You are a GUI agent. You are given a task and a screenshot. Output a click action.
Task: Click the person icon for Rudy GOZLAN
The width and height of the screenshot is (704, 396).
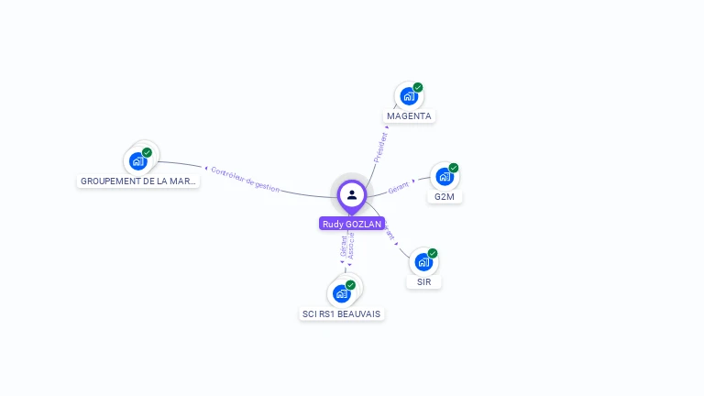tap(352, 194)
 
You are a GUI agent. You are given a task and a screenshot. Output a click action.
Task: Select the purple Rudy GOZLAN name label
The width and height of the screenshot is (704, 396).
tap(352, 224)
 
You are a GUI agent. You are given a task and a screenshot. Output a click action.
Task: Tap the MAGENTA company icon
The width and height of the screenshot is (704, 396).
tap(408, 96)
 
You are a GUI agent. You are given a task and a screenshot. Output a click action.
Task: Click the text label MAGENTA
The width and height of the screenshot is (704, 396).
tap(409, 116)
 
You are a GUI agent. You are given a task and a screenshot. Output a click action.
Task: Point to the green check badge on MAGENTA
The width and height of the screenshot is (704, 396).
tap(418, 88)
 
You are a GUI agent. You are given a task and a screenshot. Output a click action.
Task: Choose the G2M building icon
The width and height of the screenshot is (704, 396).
tap(444, 176)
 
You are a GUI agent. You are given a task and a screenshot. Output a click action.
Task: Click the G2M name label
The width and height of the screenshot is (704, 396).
tap(445, 197)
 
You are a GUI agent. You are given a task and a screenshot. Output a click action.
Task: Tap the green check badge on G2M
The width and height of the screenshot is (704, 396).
tap(454, 168)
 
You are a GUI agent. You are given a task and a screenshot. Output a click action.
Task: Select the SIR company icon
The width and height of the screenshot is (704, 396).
tap(423, 262)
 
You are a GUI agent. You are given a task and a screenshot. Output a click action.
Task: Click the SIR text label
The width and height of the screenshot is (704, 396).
tap(423, 282)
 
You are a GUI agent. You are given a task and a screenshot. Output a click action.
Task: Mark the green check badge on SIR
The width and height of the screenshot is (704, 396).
tap(433, 254)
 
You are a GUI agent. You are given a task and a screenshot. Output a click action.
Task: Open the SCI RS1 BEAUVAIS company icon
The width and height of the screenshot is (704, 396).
tap(341, 293)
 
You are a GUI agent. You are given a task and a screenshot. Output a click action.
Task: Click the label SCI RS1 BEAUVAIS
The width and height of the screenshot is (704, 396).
tap(342, 313)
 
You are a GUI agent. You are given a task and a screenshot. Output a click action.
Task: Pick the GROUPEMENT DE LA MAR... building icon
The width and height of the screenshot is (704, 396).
tap(137, 161)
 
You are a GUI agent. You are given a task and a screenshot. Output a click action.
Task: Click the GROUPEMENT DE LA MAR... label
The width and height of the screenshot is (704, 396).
tap(138, 181)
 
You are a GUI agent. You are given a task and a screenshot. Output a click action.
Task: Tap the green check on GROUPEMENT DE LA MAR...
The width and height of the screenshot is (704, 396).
tap(147, 153)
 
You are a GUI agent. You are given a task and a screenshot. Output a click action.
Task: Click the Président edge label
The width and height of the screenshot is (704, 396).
tap(380, 147)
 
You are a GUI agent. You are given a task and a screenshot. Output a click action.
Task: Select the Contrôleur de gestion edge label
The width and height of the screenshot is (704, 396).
tap(245, 179)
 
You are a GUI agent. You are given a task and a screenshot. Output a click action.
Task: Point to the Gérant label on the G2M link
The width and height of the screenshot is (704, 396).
tap(399, 188)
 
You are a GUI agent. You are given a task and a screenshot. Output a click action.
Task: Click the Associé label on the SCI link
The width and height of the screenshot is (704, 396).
tap(351, 246)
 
